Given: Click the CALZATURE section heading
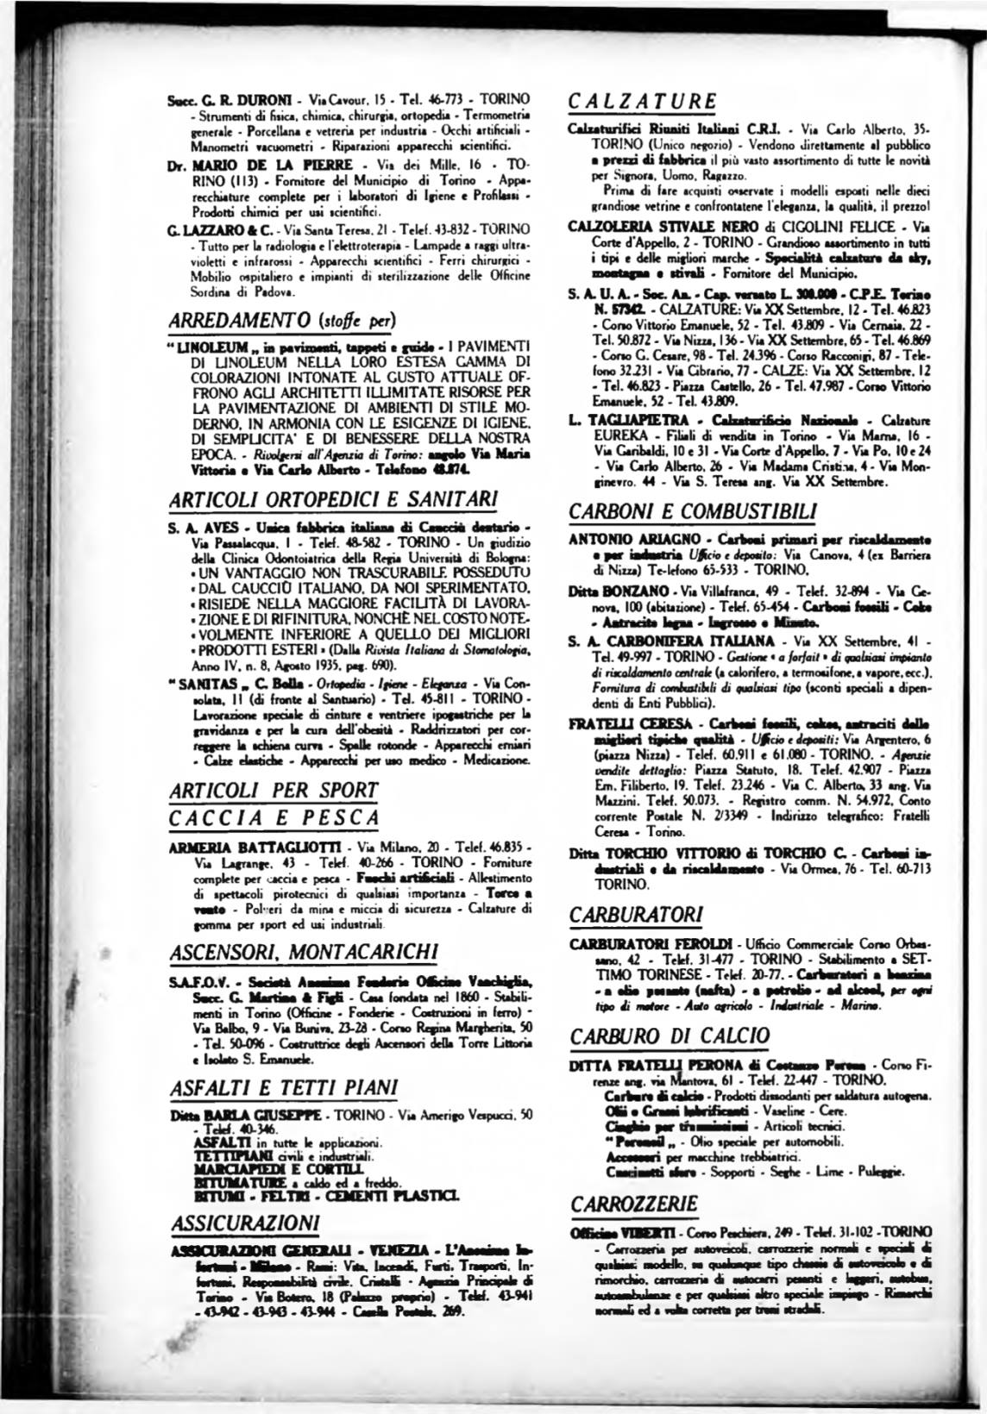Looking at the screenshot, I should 642,99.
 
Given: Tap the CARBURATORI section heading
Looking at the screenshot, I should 637,912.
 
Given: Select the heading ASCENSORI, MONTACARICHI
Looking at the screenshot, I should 292,951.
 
